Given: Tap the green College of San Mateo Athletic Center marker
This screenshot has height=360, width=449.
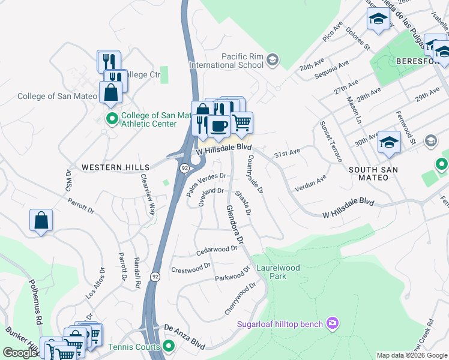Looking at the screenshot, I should point(111,118).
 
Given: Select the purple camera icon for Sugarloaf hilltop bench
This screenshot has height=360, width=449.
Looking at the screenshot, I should point(333,324).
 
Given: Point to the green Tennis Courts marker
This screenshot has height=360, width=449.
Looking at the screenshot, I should point(169,346).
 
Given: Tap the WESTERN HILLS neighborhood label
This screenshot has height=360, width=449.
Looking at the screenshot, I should point(112,167).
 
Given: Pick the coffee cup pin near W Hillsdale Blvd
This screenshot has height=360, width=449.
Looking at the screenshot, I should point(219,126).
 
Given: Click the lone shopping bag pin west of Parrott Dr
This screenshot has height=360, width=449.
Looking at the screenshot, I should point(41,221).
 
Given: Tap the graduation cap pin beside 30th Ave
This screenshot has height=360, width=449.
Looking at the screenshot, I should point(389,143).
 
